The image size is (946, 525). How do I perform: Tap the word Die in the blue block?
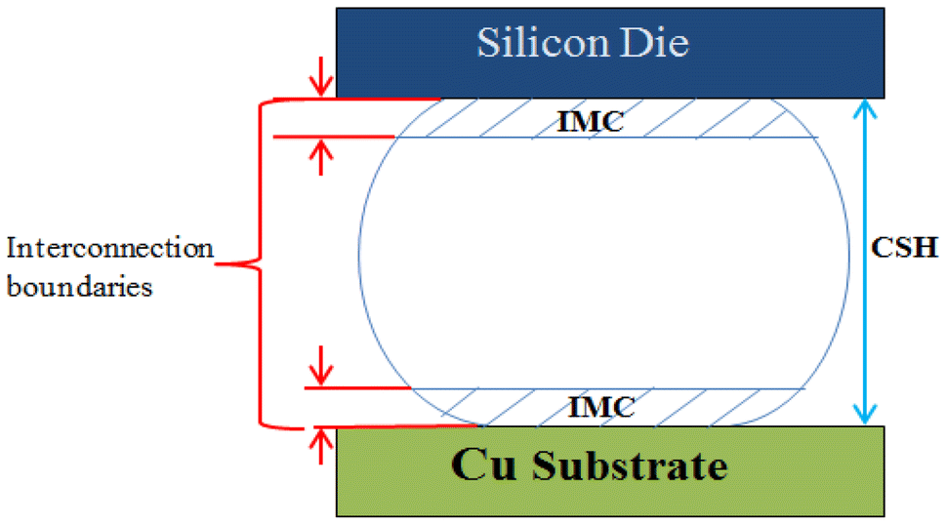pos(658,44)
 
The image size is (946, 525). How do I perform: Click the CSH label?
pos(903,248)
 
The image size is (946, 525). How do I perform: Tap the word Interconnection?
pos(109,247)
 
